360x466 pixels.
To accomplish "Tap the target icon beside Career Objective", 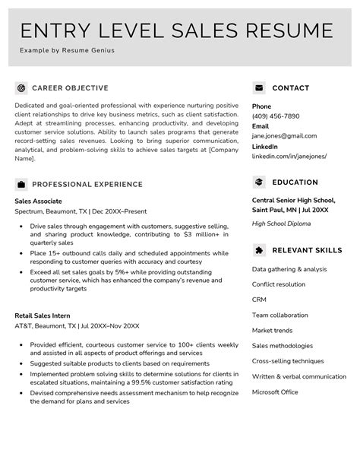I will (x=21, y=88).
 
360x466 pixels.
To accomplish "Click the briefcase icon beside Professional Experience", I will (x=21, y=184).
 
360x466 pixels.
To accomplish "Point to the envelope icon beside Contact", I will (x=259, y=88).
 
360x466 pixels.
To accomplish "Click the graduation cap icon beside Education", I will (x=259, y=182).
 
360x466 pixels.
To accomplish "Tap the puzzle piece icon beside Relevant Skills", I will (x=259, y=250).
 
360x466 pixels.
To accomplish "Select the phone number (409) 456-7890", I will (x=276, y=116).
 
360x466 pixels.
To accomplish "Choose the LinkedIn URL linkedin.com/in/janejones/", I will (x=289, y=156).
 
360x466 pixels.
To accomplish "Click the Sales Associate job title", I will (x=39, y=201).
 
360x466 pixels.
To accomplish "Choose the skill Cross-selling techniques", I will (x=288, y=360).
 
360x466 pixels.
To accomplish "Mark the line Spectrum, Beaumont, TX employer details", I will (x=81, y=212).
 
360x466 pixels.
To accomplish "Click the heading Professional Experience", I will (x=87, y=184).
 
